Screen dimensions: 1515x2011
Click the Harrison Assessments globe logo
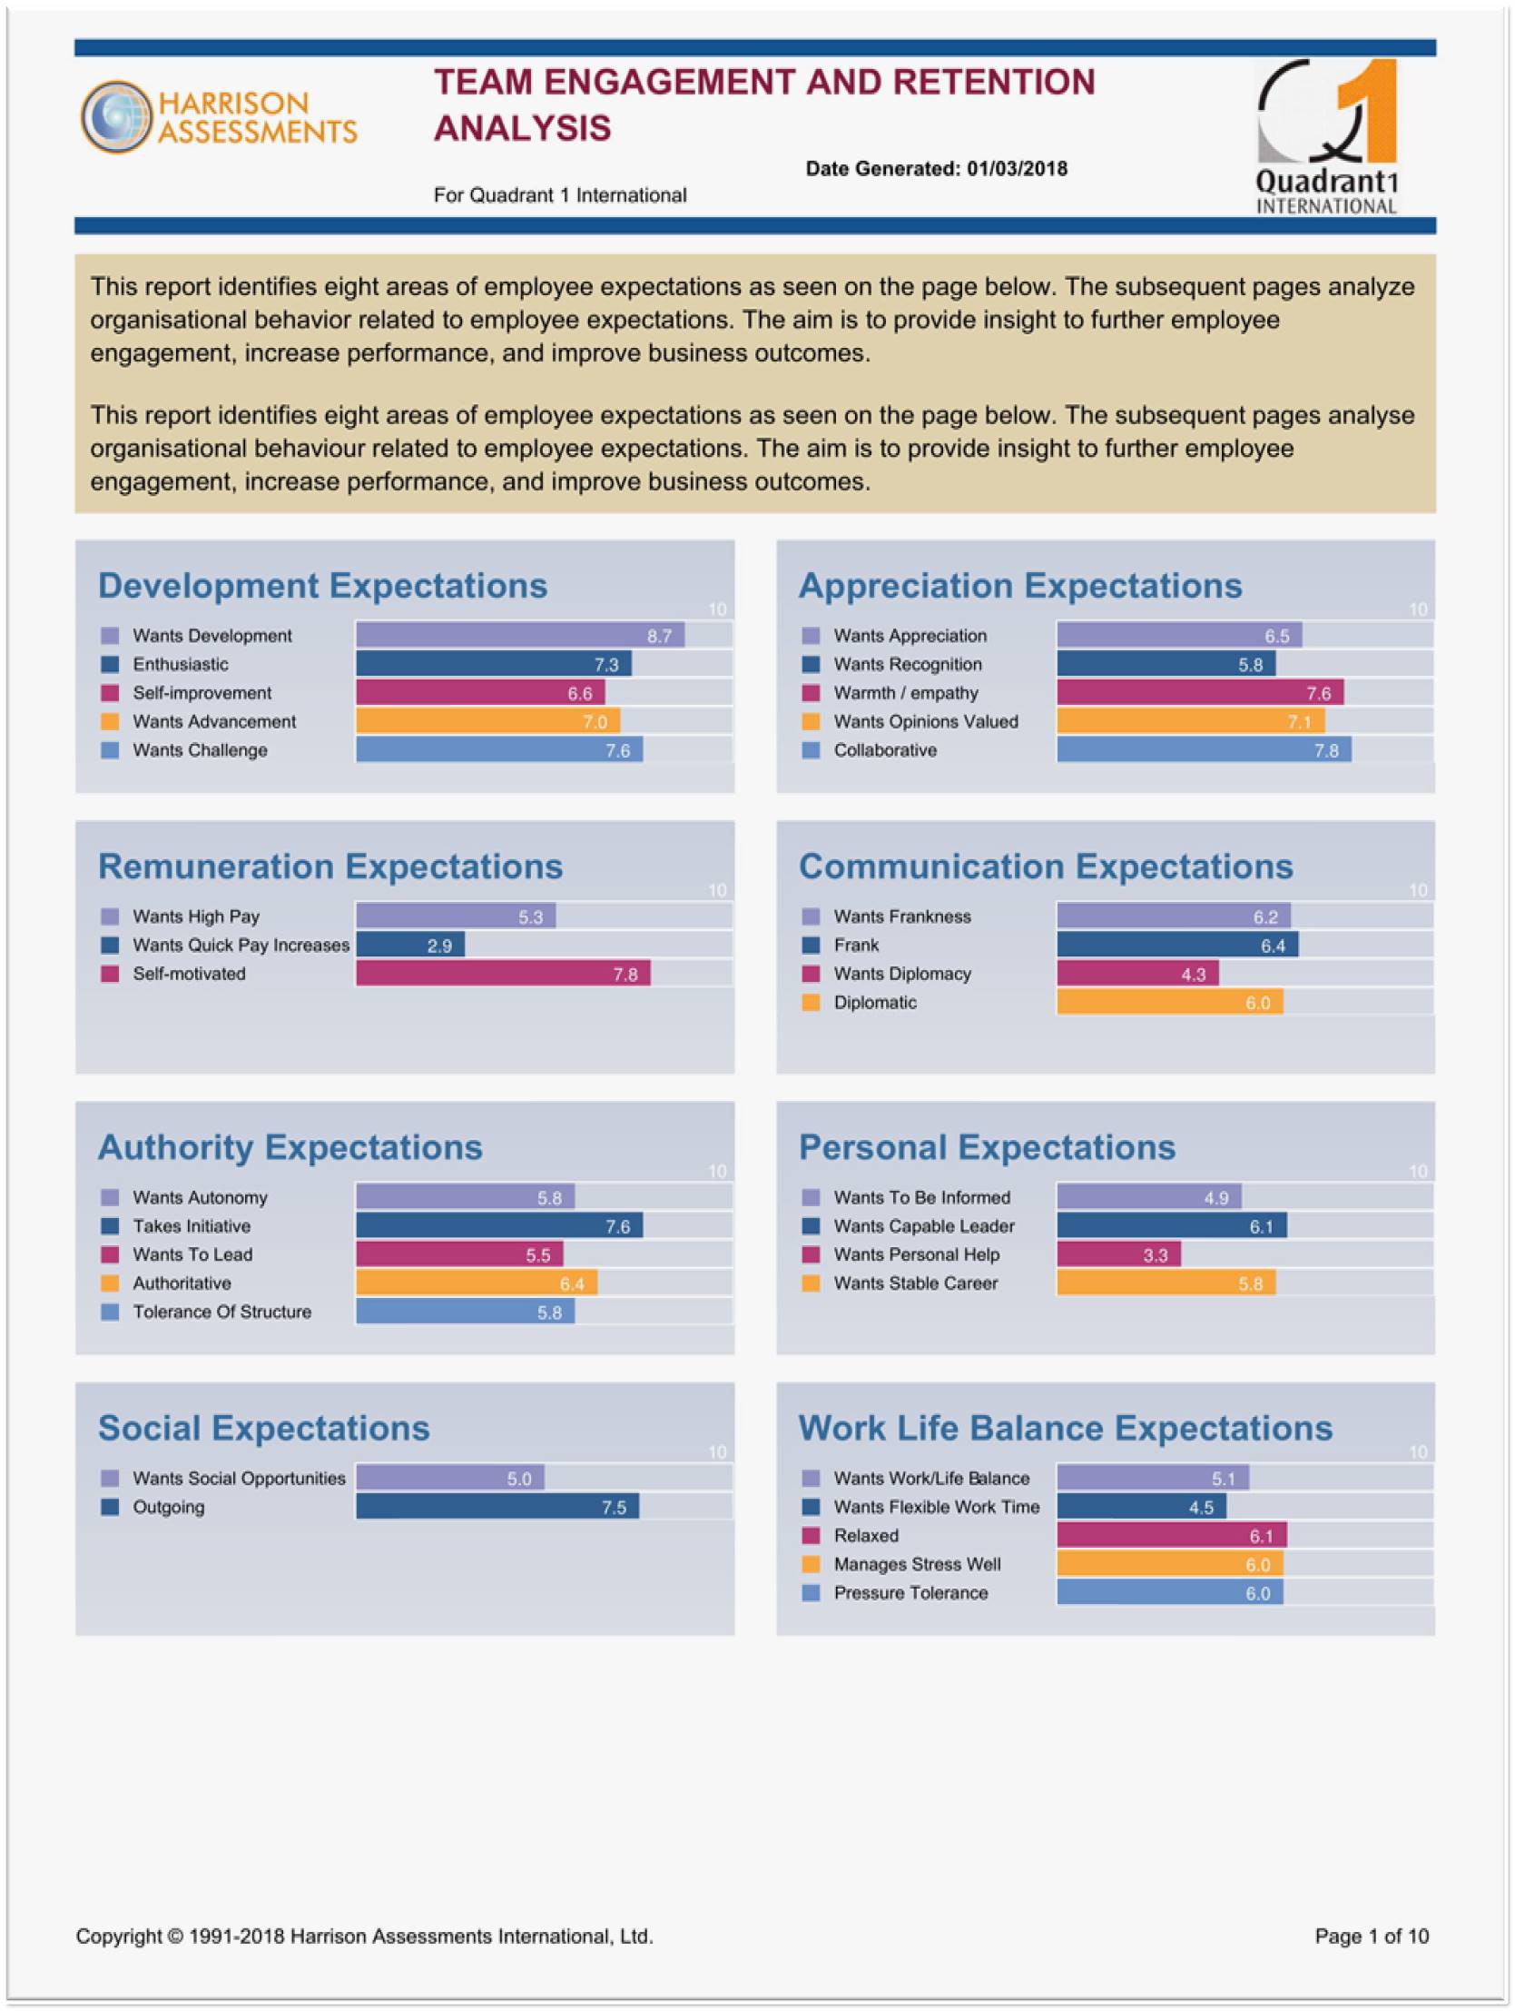[x=115, y=116]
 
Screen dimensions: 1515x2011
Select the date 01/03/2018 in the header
[x=1016, y=168]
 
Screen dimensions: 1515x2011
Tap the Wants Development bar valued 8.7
[x=520, y=636]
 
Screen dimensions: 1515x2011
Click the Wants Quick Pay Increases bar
[x=410, y=945]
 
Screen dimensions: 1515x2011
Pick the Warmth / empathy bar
[x=1200, y=693]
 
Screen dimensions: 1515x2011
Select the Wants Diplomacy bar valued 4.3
[x=1138, y=974]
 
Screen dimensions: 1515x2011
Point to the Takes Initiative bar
[x=499, y=1225]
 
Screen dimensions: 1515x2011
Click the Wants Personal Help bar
[x=1118, y=1254]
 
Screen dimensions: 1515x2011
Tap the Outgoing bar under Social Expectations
[x=497, y=1506]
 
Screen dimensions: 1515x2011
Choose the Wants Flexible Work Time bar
[x=1142, y=1506]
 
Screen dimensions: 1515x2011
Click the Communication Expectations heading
[x=1045, y=867]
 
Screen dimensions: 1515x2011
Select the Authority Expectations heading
[x=290, y=1147]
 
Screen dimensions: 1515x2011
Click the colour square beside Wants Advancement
[x=110, y=722]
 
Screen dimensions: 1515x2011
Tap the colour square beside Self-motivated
[x=110, y=974]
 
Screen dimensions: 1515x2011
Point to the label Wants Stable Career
[x=915, y=1283]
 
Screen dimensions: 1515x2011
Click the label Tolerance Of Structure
[x=221, y=1312]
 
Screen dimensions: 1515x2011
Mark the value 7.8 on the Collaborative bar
[x=1326, y=751]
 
